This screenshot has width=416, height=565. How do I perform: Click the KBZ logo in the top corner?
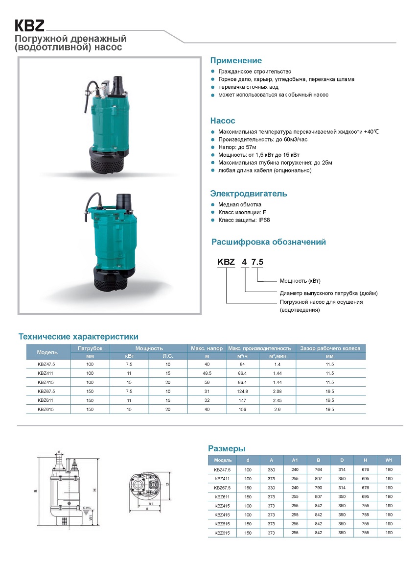(29, 25)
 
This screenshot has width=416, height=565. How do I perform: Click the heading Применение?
(236, 61)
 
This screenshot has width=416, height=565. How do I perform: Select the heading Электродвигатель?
(249, 194)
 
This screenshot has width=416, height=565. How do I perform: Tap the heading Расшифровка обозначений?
(268, 242)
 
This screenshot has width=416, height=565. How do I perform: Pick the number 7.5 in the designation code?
(257, 262)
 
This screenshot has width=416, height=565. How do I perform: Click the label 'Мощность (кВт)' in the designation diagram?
(300, 281)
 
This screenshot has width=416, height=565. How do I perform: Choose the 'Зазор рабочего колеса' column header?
(330, 348)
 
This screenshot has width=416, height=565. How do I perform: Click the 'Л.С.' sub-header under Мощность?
(167, 356)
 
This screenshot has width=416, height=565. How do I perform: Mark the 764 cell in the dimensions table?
(318, 470)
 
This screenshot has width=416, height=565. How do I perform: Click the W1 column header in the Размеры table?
(389, 461)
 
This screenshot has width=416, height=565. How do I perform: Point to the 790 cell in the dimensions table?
(318, 488)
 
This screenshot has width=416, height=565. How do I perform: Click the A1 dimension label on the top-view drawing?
(152, 503)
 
